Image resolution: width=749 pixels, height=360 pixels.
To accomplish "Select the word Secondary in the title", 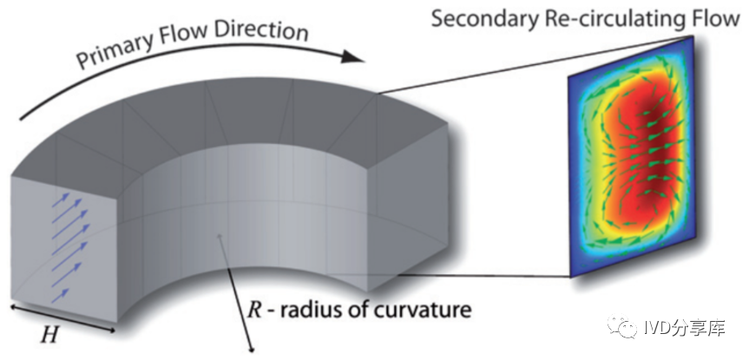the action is pos(477,20).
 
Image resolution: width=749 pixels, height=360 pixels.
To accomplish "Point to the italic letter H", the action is pos(49,336).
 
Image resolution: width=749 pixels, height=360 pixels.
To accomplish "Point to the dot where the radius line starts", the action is pos(219,235).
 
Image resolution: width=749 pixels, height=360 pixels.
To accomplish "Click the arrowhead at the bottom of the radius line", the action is pos(252,350).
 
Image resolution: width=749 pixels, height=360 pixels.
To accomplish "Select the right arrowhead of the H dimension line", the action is pos(112,330).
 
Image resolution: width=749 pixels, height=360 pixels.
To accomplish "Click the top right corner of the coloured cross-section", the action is pos(693,36).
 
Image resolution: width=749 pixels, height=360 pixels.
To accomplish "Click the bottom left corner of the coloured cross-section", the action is pos(570,277).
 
